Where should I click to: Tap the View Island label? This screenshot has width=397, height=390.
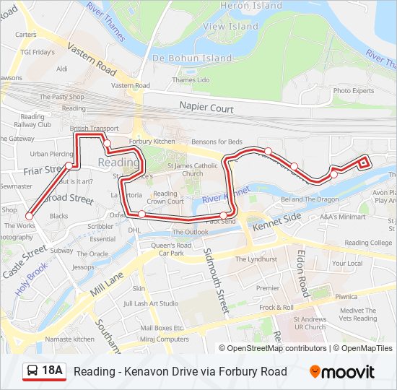click(x=231, y=27)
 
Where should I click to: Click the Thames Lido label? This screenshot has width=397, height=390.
click(x=191, y=80)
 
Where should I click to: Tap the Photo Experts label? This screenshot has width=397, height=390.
click(x=354, y=91)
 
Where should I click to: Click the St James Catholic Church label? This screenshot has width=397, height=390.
click(x=192, y=169)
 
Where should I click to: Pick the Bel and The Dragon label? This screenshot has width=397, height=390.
click(x=310, y=199)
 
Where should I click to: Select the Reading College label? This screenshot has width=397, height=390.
click(x=367, y=243)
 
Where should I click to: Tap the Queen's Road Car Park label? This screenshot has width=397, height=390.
click(x=171, y=249)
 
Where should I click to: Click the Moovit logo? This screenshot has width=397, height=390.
click(x=342, y=372)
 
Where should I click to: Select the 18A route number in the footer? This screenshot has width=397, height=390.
click(x=53, y=371)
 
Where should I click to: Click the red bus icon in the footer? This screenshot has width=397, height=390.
click(x=32, y=372)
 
